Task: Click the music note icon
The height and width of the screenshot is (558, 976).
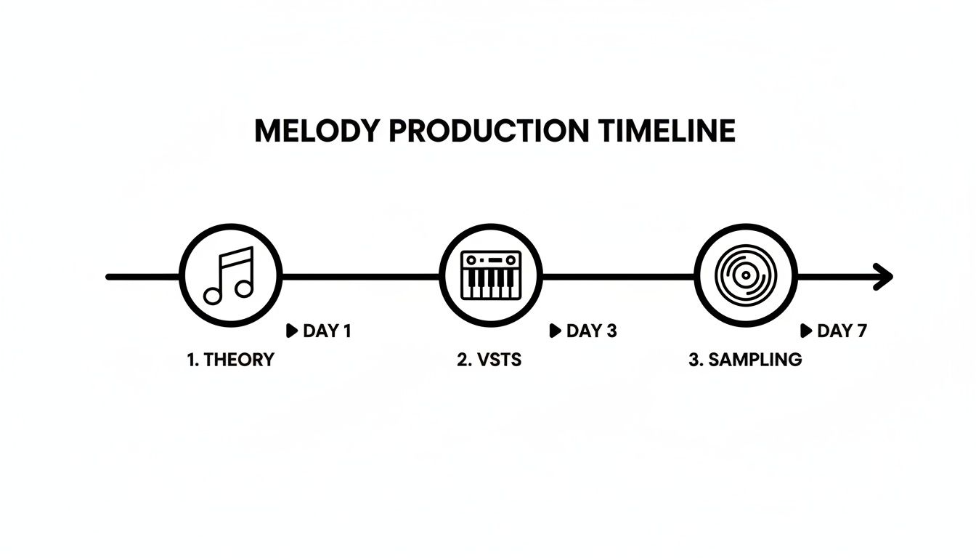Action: tap(229, 276)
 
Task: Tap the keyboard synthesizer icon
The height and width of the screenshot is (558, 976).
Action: tap(491, 276)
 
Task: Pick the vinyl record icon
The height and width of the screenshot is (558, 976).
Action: tap(746, 276)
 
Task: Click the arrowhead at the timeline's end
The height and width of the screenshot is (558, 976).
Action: tap(883, 277)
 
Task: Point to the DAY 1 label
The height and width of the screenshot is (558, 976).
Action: tap(327, 331)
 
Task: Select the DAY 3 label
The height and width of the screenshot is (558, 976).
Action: tap(591, 331)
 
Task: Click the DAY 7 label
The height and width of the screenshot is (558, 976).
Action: tap(842, 331)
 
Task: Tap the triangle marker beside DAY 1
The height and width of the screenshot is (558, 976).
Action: tap(292, 331)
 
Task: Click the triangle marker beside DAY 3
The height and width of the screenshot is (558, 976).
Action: tap(556, 331)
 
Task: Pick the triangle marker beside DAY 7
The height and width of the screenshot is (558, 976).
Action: tap(805, 331)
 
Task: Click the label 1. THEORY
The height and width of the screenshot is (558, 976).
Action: tap(230, 360)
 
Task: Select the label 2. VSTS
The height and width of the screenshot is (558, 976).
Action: tap(489, 360)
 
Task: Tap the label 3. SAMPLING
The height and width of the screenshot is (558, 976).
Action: tap(745, 360)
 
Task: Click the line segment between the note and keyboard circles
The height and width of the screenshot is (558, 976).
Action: tap(360, 277)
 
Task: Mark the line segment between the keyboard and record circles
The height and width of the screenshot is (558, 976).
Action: tap(618, 277)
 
